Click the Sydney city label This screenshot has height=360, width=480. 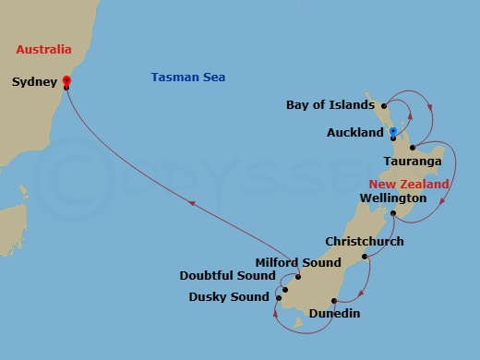pos(33,81)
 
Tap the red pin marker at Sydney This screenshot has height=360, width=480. pos(66,80)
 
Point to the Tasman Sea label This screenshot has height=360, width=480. pos(188,77)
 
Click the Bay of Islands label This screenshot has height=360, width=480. pos(329,104)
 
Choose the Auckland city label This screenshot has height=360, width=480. pos(354,133)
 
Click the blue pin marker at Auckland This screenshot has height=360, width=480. pos(392,133)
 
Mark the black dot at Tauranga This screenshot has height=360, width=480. pos(414,148)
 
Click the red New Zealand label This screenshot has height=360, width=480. pos(409,184)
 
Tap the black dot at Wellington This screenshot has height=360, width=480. pos(392,214)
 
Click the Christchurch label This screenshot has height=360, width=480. pos(363,242)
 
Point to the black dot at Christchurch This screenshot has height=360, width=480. pos(365,257)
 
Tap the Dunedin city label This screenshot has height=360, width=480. pos(333,314)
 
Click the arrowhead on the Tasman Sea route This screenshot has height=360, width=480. pos(192,206)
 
